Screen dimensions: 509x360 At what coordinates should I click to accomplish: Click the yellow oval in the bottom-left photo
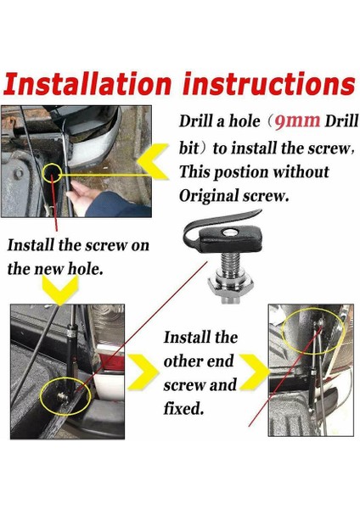coord(64,395)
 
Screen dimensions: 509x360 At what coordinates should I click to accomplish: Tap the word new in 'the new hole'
coord(47,269)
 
